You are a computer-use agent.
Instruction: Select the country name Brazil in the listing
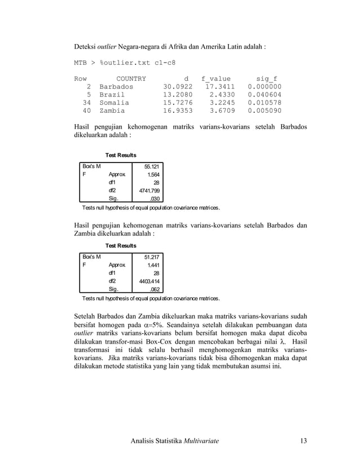pyautogui.click(x=112, y=95)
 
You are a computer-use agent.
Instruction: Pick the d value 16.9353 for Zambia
pyautogui.click(x=178, y=112)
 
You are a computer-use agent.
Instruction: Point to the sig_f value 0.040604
pyautogui.click(x=264, y=95)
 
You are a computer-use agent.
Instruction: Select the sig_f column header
pyautogui.click(x=266, y=78)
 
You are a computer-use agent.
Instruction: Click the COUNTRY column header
pyautogui.click(x=130, y=78)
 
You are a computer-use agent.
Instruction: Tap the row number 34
pyautogui.click(x=86, y=103)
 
